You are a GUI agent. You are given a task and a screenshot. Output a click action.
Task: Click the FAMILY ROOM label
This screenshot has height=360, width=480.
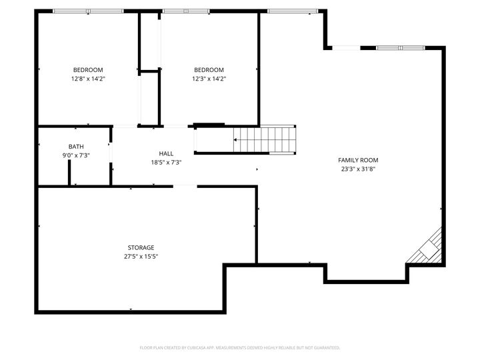click(358, 160)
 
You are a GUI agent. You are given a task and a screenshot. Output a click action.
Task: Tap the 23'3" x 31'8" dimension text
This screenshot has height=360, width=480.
click(358, 169)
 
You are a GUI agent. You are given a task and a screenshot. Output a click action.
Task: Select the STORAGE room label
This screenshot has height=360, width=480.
click(141, 247)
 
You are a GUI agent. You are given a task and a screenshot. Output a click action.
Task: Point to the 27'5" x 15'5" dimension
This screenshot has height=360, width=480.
click(141, 256)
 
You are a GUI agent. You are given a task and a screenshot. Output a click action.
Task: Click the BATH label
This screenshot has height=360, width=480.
click(76, 147)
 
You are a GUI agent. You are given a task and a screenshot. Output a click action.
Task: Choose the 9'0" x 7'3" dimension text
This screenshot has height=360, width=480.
click(76, 155)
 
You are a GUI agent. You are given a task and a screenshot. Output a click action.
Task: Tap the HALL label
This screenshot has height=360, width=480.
click(166, 153)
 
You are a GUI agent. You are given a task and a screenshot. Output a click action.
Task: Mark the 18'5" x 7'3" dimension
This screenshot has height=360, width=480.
click(166, 162)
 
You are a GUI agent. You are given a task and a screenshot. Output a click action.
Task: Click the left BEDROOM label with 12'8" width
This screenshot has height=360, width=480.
click(88, 70)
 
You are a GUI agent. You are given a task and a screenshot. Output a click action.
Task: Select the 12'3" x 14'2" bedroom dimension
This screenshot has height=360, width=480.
click(209, 79)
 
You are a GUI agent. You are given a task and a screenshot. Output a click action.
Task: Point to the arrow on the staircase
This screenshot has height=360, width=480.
click(236, 140)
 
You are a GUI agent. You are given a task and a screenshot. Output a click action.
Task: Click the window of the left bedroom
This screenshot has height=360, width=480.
click(88, 11)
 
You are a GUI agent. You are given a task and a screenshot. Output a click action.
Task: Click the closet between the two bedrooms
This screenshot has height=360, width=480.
click(149, 97)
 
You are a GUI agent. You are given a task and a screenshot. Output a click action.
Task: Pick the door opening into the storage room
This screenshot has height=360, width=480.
click(185, 186)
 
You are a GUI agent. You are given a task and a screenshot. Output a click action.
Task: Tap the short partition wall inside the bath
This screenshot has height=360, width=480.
click(69, 171)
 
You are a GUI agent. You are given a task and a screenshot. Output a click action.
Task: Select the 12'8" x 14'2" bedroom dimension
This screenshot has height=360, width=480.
click(88, 79)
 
